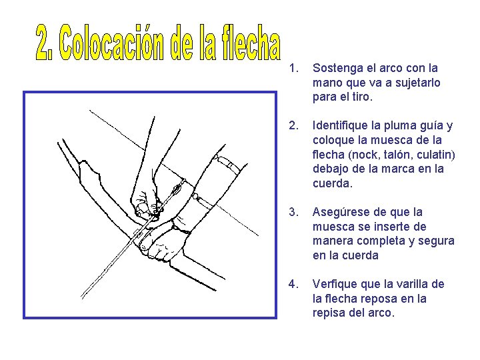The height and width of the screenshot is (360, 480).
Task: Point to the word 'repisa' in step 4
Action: pos(329,313)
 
